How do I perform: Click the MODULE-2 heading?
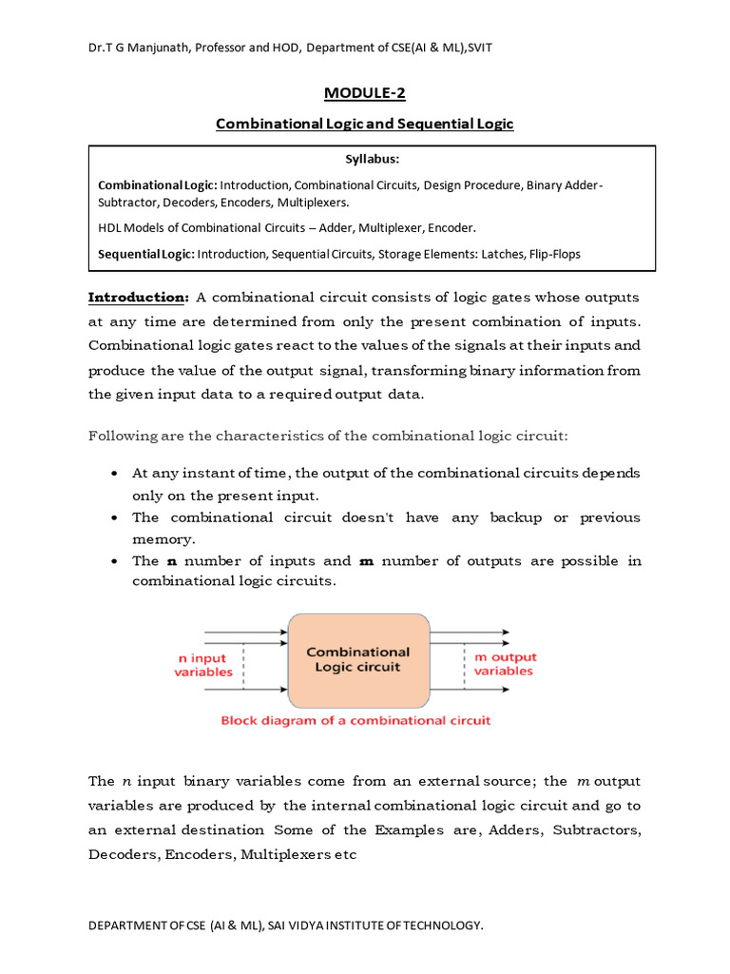point(364,92)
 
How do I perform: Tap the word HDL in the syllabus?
point(111,228)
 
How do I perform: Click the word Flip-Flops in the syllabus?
point(547,254)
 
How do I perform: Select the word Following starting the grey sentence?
point(124,436)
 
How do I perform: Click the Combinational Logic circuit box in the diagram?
point(357,660)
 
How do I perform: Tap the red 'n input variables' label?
point(202,665)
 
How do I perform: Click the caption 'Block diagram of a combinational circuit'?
point(355,721)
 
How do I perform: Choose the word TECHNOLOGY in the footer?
point(438,925)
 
